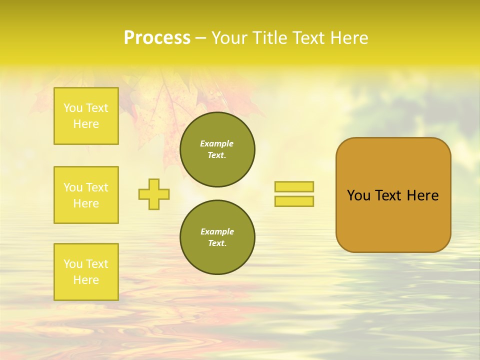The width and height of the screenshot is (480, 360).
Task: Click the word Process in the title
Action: pyautogui.click(x=157, y=38)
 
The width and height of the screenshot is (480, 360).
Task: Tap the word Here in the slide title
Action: pyautogui.click(x=348, y=38)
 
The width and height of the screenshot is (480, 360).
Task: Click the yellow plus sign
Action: pyautogui.click(x=154, y=194)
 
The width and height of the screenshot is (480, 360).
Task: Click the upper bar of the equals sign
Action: pyautogui.click(x=294, y=186)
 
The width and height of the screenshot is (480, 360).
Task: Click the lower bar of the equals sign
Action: pyautogui.click(x=294, y=201)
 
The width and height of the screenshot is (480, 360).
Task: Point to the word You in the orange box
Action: pyautogui.click(x=358, y=195)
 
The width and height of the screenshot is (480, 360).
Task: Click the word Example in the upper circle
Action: pyautogui.click(x=217, y=143)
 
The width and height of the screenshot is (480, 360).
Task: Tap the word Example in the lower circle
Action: pyautogui.click(x=217, y=231)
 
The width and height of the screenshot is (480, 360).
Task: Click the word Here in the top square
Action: pyautogui.click(x=86, y=124)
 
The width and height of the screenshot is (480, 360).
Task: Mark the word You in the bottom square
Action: pyautogui.click(x=73, y=264)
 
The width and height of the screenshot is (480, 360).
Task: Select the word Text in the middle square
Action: pyautogui.click(x=97, y=187)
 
